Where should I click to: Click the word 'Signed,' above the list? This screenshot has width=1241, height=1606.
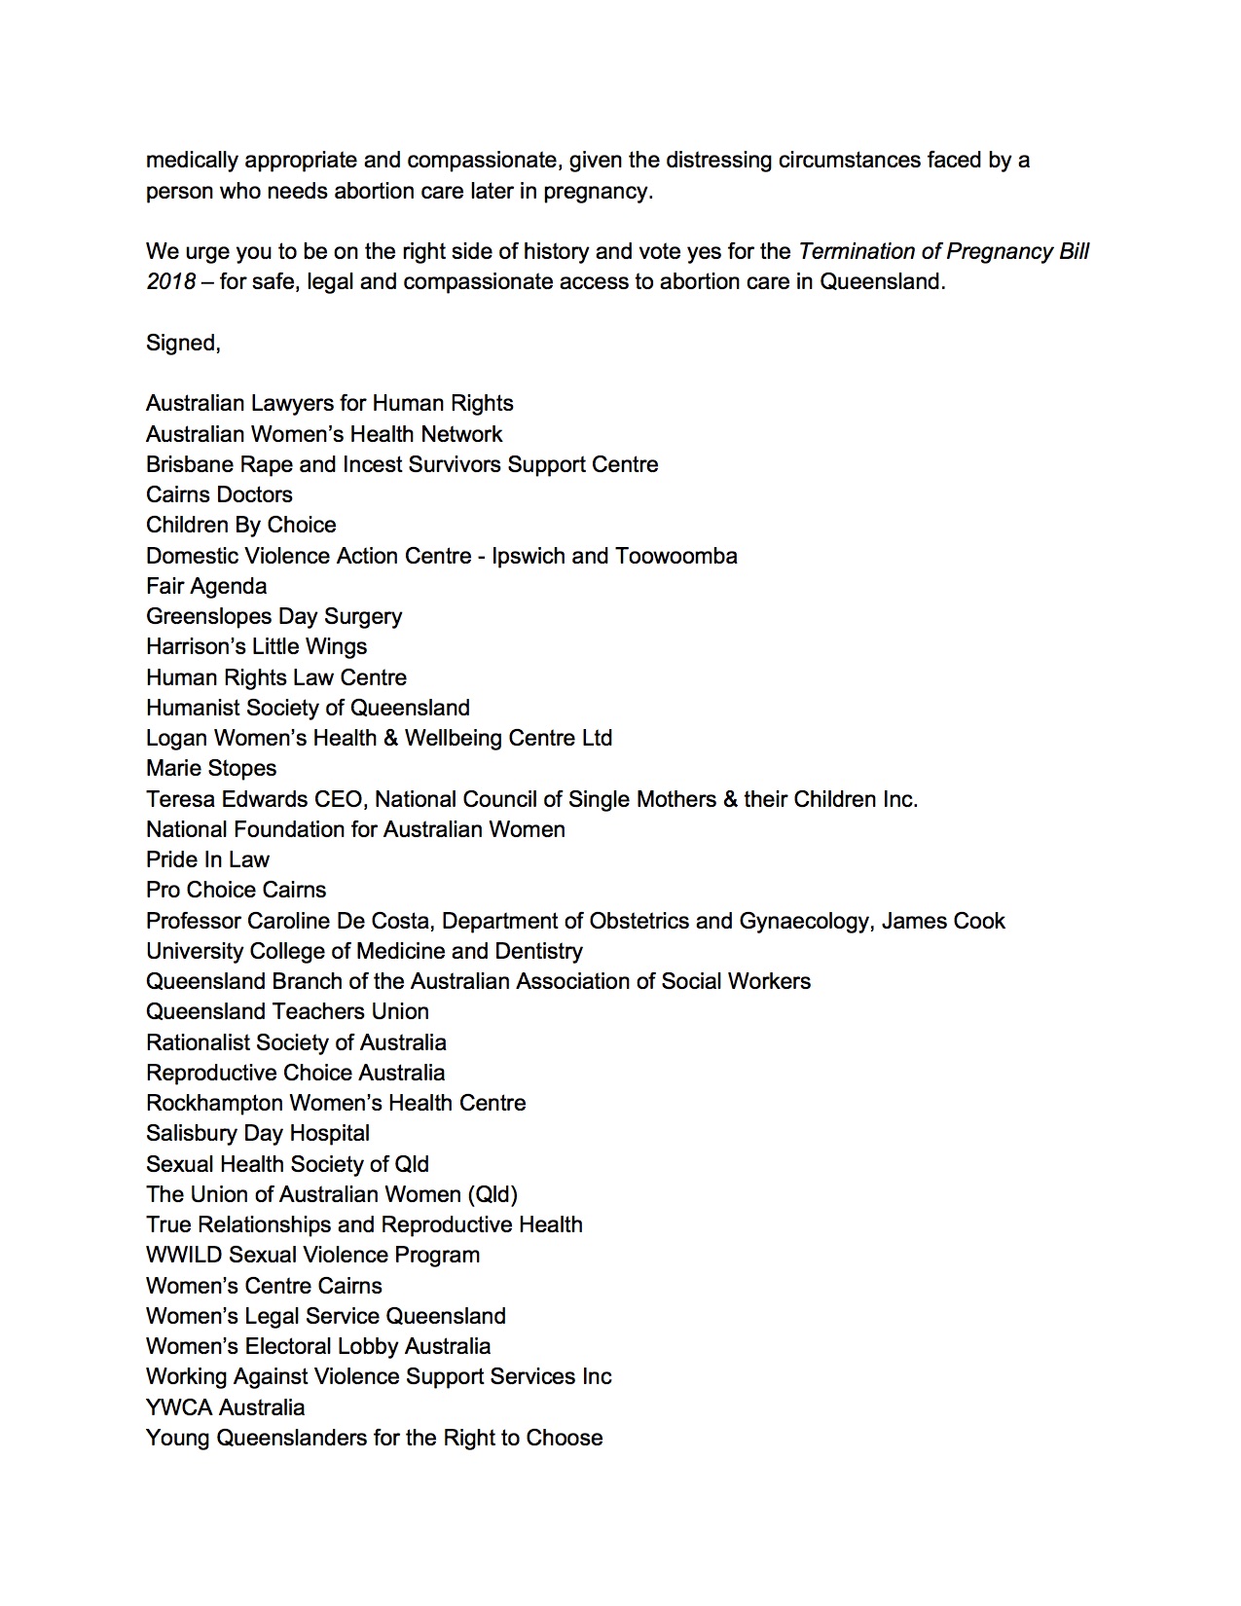pyautogui.click(x=183, y=343)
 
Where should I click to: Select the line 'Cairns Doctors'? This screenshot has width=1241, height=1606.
pyautogui.click(x=219, y=494)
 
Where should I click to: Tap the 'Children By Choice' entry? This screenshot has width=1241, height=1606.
pyautogui.click(x=240, y=525)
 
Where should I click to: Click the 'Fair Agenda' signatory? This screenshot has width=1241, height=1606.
pyautogui.click(x=206, y=586)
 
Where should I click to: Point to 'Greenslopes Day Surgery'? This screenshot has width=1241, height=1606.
pyautogui.click(x=274, y=616)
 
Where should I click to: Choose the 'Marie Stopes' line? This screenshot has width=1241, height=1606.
pyautogui.click(x=211, y=768)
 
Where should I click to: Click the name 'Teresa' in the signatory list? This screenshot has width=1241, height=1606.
pyautogui.click(x=178, y=799)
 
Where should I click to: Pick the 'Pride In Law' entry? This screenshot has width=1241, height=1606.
pyautogui.click(x=207, y=859)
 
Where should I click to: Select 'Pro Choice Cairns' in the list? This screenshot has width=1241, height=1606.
pyautogui.click(x=236, y=890)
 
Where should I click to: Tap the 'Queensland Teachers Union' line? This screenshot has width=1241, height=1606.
pyautogui.click(x=287, y=1011)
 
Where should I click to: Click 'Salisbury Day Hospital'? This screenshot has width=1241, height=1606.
pyautogui.click(x=258, y=1133)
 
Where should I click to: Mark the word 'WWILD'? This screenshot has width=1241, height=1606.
pyautogui.click(x=184, y=1255)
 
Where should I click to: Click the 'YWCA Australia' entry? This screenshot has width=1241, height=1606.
pyautogui.click(x=225, y=1407)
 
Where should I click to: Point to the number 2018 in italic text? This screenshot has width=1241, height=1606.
pyautogui.click(x=170, y=282)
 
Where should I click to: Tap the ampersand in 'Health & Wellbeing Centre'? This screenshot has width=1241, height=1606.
pyautogui.click(x=390, y=738)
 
